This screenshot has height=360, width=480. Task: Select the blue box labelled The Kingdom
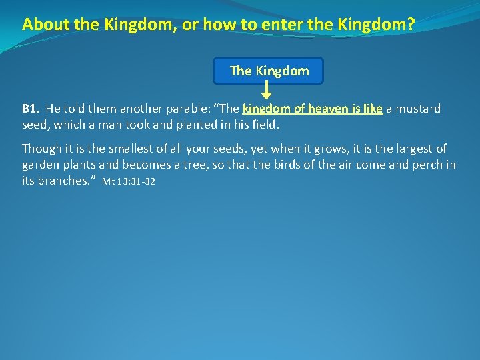point(269,71)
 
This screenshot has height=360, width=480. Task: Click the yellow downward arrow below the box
point(265,90)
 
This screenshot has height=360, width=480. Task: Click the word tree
point(195,165)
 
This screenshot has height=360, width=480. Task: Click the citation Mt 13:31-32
point(128,181)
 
